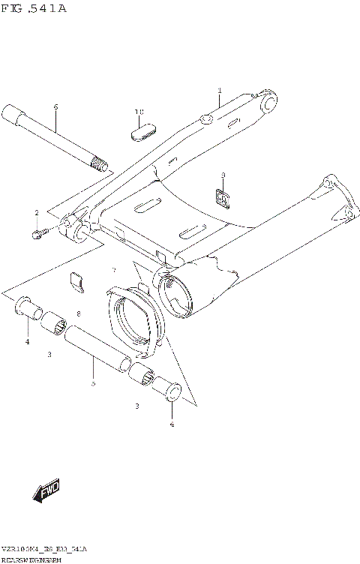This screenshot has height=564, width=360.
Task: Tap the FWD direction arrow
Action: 46,491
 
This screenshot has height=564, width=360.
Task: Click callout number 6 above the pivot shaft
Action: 55,107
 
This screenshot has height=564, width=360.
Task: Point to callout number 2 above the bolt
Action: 36,214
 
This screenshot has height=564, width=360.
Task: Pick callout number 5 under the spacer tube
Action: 93,382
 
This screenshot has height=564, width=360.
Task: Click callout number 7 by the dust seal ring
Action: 114,269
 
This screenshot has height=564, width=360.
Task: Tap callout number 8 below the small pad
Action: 78,313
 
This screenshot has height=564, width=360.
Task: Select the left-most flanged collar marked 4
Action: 28,307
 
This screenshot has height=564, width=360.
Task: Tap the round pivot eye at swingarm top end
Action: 267,100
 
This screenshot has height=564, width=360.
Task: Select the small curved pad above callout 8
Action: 76,280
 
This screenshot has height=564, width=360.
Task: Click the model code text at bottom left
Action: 44,550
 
